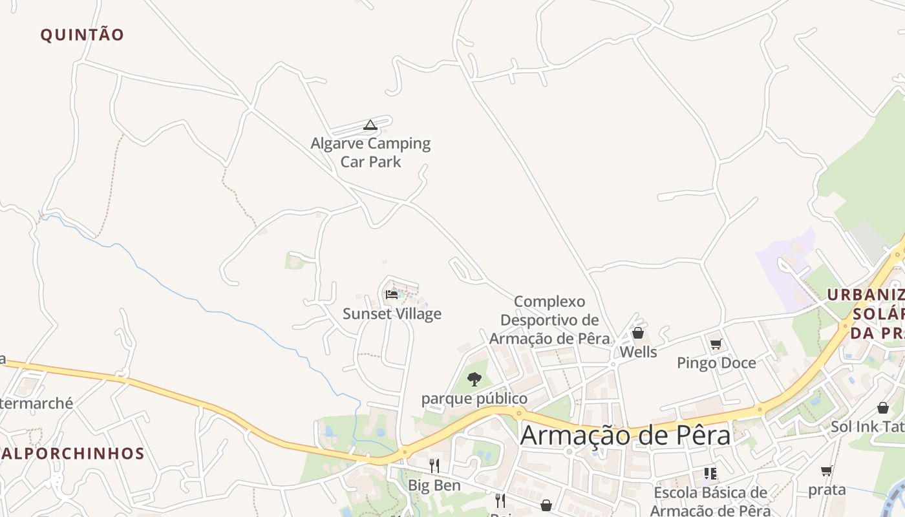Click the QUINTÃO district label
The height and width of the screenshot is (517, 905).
82,35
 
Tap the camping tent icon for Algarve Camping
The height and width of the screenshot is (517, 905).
370,125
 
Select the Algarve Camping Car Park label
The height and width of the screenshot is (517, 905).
370,153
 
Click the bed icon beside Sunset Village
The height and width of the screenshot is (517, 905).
392,295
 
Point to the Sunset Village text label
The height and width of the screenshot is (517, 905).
392,314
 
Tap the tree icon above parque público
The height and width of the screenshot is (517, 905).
474,379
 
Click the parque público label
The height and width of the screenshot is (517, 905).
474,399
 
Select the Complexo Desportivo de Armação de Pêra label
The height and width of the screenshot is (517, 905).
549,320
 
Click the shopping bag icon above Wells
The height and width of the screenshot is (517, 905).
638,333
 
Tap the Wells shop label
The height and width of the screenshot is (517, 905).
638,352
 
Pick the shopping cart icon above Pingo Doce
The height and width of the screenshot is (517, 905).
716,344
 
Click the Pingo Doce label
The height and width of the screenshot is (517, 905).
716,363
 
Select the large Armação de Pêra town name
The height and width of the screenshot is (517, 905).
625,435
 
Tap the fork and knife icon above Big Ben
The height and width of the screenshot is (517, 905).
434,465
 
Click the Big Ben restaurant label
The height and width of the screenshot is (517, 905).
434,485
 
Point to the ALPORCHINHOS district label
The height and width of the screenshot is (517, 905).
72,454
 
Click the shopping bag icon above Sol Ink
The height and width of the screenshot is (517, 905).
882,408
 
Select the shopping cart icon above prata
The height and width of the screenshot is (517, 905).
826,471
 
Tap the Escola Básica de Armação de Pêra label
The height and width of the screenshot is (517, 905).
710,501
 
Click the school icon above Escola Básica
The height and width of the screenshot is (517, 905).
710,474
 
